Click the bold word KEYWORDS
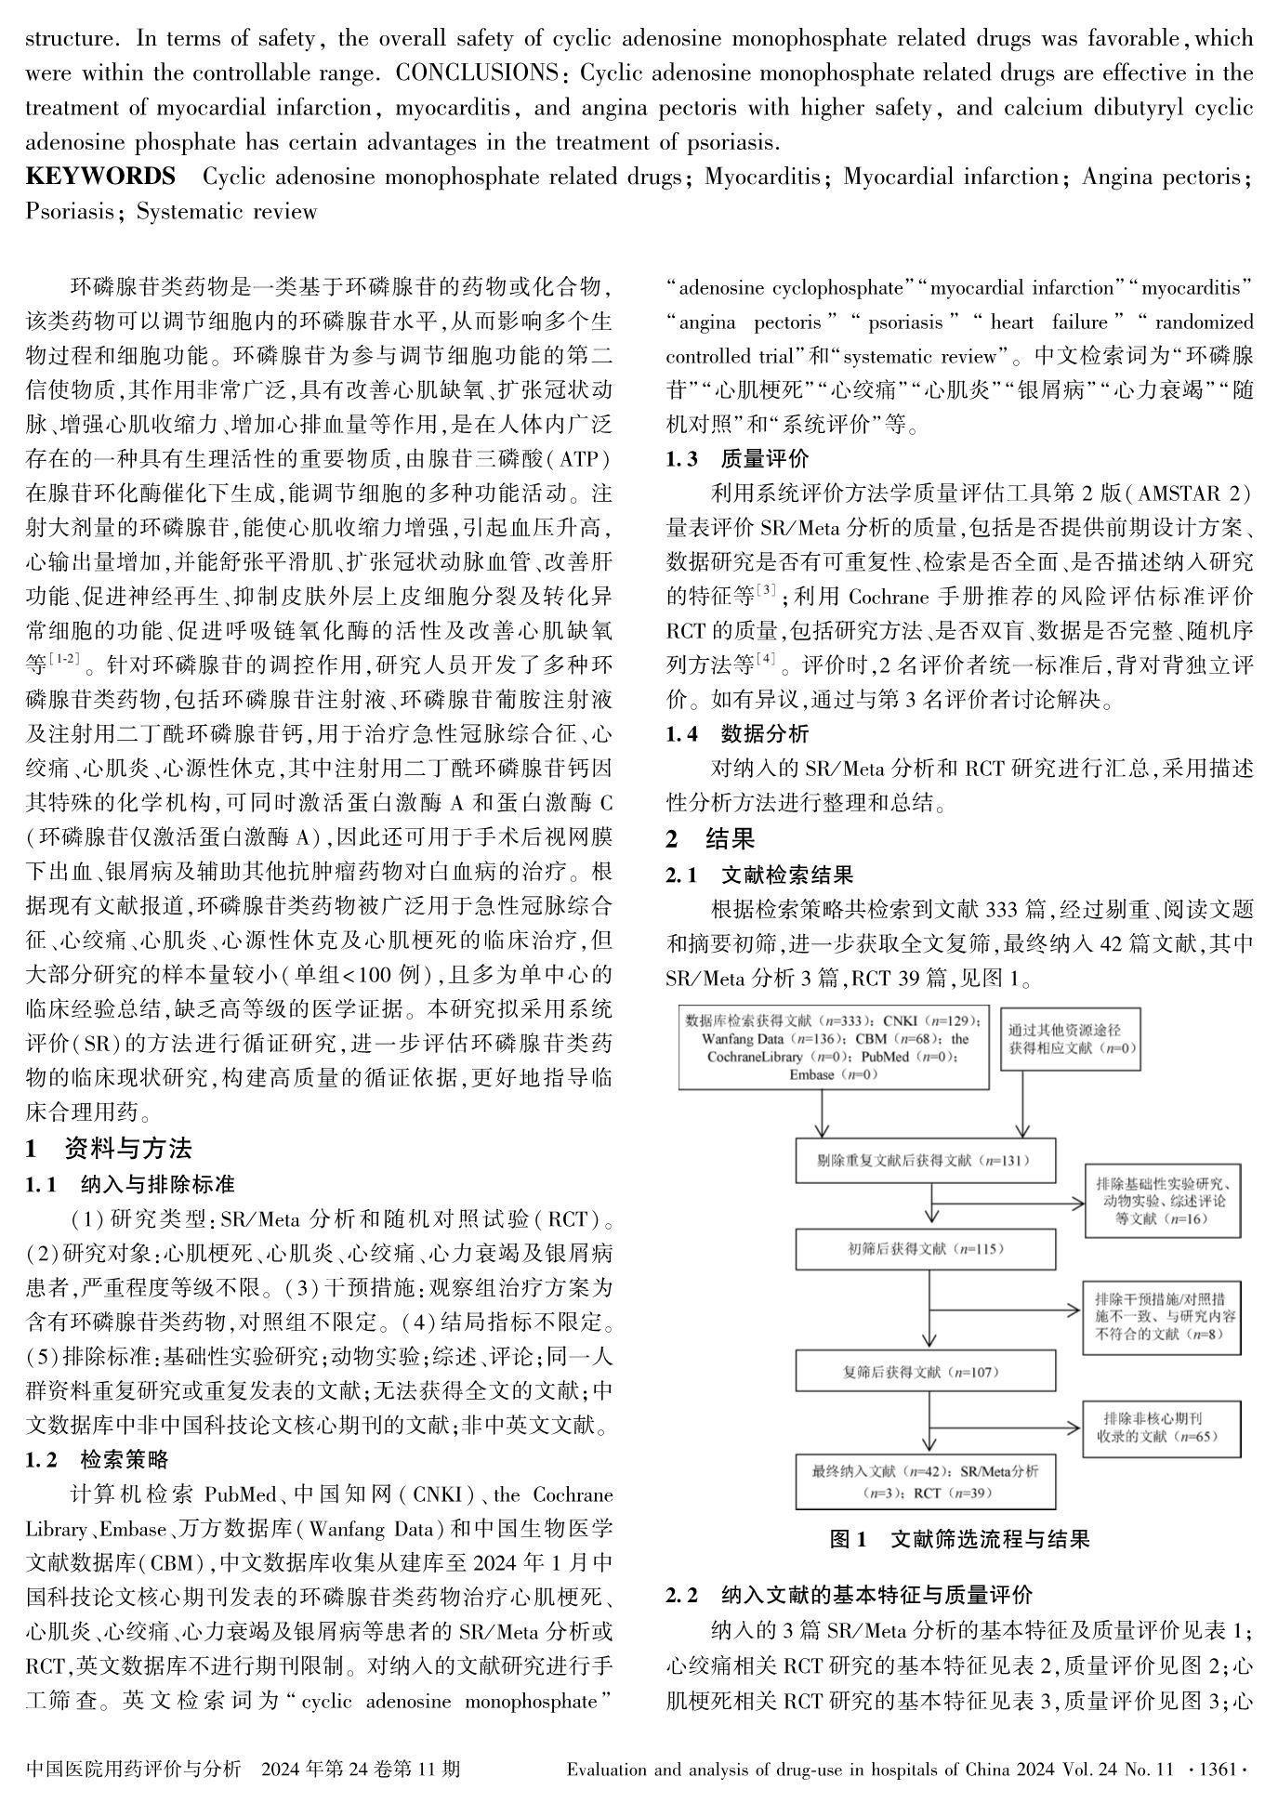pos(100,177)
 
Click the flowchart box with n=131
pos(925,1161)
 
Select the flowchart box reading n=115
pos(925,1249)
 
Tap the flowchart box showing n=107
pos(925,1371)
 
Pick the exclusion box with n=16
pos(1162,1201)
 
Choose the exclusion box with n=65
pos(1162,1428)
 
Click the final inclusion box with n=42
pos(925,1481)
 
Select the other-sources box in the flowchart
pos(1071,1039)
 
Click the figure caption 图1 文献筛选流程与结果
pos(959,1539)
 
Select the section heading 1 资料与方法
pos(109,1149)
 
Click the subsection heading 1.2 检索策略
pos(98,1460)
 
